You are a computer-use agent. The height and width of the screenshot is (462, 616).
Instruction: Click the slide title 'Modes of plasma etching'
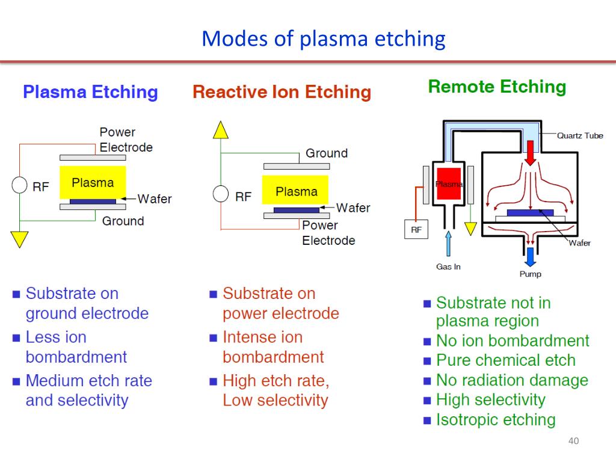[323, 39]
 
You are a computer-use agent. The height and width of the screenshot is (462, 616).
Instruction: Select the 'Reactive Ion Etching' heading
[282, 92]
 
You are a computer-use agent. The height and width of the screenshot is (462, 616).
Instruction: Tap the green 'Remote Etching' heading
[497, 87]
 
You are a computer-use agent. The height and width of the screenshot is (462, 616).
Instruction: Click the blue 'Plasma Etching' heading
[90, 92]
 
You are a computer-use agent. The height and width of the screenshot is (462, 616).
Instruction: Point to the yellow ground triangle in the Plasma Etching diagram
[20, 239]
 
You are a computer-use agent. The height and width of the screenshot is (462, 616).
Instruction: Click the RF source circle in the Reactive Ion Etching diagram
[221, 194]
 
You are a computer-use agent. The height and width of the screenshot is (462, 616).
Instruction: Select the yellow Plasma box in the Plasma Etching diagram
[93, 182]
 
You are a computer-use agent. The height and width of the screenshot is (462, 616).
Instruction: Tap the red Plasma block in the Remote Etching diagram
[449, 184]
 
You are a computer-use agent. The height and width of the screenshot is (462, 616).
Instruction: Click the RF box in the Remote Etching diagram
[416, 229]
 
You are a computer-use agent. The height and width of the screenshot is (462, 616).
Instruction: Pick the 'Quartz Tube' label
[580, 135]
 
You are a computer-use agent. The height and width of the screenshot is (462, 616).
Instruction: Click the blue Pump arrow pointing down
[531, 257]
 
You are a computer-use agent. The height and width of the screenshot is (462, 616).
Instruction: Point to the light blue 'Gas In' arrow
[448, 243]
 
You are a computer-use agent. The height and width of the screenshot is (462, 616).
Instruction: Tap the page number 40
[573, 441]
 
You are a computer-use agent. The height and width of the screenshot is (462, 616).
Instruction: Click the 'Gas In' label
[448, 266]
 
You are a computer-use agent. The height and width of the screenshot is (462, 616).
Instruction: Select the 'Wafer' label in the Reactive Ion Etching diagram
[353, 208]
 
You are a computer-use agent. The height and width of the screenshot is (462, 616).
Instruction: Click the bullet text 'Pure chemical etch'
[506, 360]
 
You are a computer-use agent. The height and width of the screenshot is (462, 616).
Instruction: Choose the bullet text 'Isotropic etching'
[496, 419]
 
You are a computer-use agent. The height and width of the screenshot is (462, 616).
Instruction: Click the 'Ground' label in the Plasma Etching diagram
[123, 221]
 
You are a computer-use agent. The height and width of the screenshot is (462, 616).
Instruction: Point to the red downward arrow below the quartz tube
[531, 153]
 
